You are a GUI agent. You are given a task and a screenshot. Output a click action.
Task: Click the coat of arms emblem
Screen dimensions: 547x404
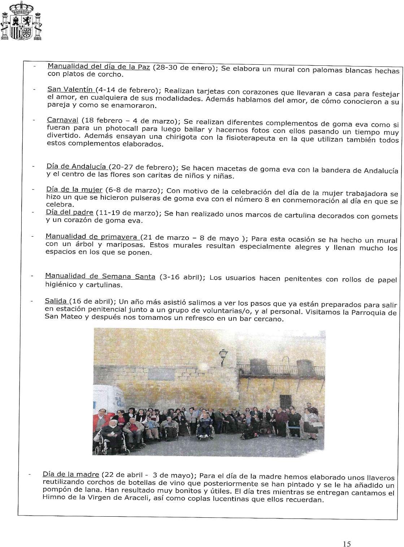point(21,21)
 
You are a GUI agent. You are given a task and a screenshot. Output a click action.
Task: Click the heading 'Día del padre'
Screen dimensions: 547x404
point(69,212)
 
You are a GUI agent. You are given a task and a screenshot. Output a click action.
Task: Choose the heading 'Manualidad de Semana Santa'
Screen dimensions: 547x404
point(100,276)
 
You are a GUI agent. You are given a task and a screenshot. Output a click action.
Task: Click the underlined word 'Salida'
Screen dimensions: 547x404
point(56,301)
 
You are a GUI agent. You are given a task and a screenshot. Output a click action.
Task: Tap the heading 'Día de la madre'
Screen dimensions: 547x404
point(70,474)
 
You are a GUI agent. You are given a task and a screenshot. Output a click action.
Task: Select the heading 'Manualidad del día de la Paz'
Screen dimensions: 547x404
point(99,67)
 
